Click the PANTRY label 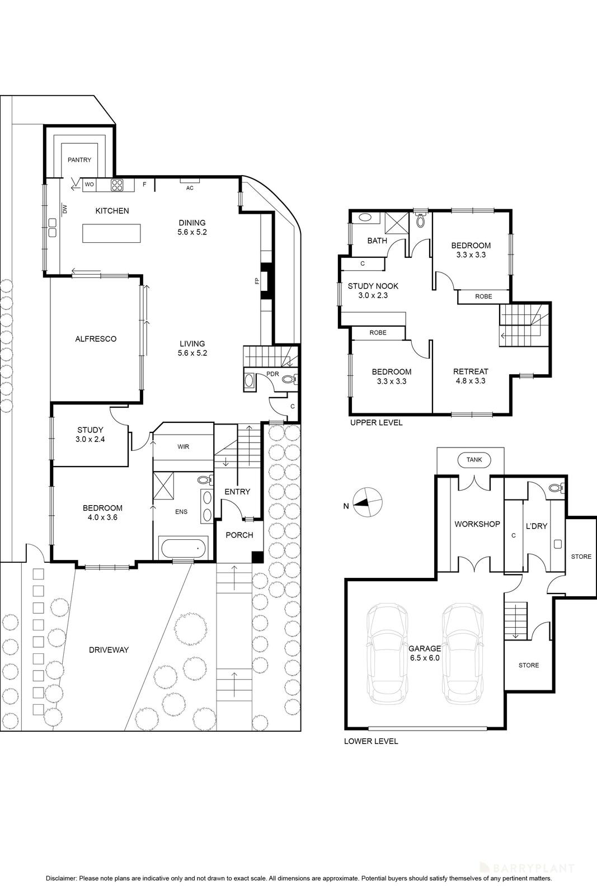(79, 160)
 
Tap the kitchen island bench (112, 233)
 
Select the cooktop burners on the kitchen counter (117, 185)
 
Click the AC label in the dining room (190, 188)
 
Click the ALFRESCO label (96, 339)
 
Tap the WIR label (183, 447)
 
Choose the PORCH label (239, 535)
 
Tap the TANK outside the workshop (474, 460)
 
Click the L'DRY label (537, 526)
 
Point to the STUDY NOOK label (373, 286)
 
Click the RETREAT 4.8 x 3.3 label (471, 376)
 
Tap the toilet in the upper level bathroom (420, 220)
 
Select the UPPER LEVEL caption (376, 423)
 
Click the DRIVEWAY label (109, 650)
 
